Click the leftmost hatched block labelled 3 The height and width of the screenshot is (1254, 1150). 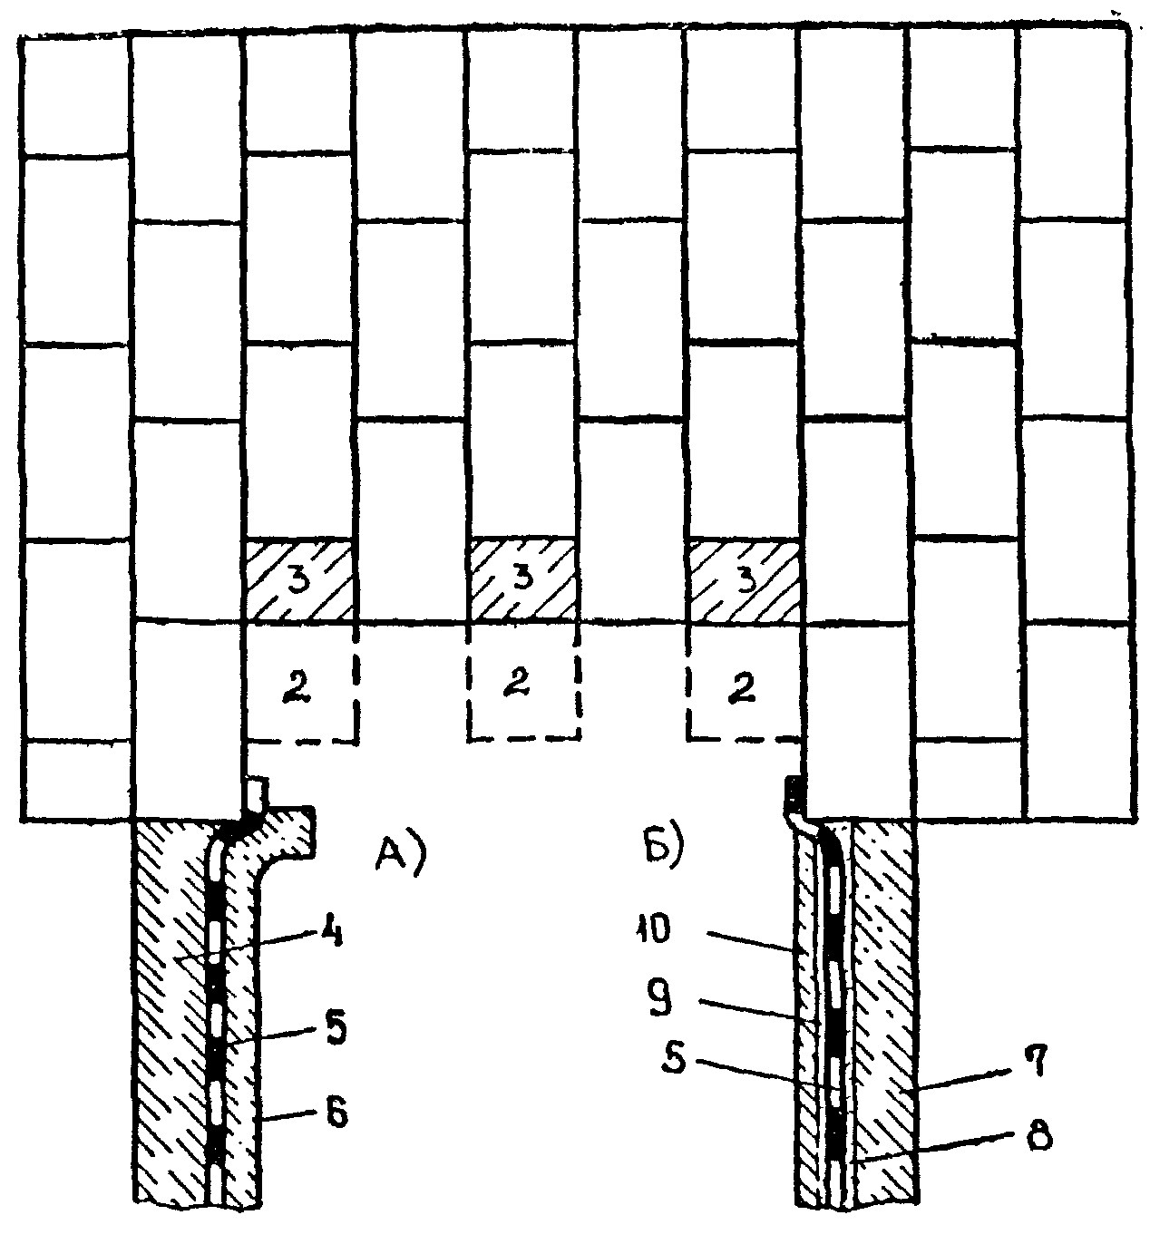point(299,581)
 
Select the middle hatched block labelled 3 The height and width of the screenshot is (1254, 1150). point(522,581)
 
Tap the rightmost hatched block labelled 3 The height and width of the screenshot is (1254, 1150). point(745,581)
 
